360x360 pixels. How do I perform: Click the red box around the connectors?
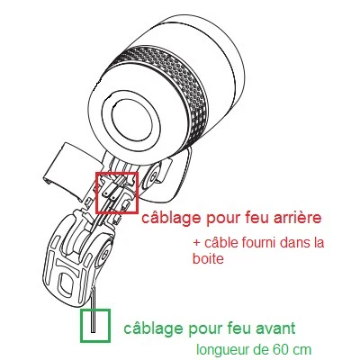(96, 193)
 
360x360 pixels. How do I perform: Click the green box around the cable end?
(81, 326)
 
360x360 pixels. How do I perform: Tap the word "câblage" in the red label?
(171, 218)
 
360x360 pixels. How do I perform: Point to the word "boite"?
(208, 258)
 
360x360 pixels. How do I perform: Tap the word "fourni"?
(254, 242)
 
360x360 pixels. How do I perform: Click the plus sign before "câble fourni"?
(197, 243)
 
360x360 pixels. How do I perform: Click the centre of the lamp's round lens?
(131, 118)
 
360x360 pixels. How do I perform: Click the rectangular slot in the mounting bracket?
(67, 283)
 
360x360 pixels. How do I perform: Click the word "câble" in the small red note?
(219, 242)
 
